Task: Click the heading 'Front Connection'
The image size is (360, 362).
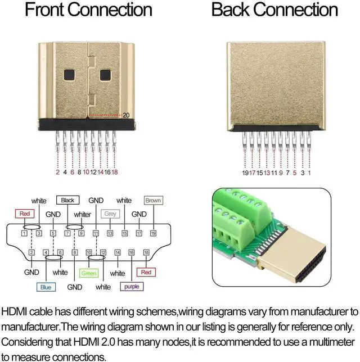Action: (88, 10)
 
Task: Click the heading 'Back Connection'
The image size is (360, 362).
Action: (274, 10)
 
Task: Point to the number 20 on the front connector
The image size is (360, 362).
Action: (126, 115)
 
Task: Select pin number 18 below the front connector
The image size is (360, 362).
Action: (115, 173)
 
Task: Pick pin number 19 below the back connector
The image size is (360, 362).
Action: (245, 173)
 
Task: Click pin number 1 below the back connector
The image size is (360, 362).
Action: (309, 173)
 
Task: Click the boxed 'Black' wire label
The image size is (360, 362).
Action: (67, 200)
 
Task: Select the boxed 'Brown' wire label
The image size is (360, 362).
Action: (153, 200)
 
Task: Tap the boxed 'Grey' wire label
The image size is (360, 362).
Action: (110, 214)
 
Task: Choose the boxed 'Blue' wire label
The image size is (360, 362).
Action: (46, 287)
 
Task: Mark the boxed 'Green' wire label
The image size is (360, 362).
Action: (89, 273)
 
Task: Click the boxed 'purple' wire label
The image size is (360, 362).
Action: (132, 287)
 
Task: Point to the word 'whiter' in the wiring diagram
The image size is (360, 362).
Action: (82, 214)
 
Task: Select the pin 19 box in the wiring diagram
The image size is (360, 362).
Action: (153, 232)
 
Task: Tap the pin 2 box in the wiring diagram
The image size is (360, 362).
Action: (31, 254)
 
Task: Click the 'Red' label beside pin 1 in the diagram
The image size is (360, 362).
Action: (25, 214)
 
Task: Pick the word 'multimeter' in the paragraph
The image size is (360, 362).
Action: (326, 341)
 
